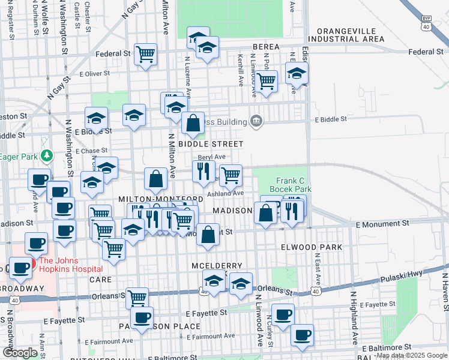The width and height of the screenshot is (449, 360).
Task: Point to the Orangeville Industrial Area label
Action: (350, 35)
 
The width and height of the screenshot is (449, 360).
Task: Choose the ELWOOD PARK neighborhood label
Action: (311, 247)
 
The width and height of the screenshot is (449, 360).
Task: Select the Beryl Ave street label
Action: (206, 157)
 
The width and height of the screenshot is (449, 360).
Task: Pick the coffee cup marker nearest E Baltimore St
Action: (302, 334)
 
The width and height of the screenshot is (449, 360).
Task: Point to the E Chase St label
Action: (92, 151)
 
